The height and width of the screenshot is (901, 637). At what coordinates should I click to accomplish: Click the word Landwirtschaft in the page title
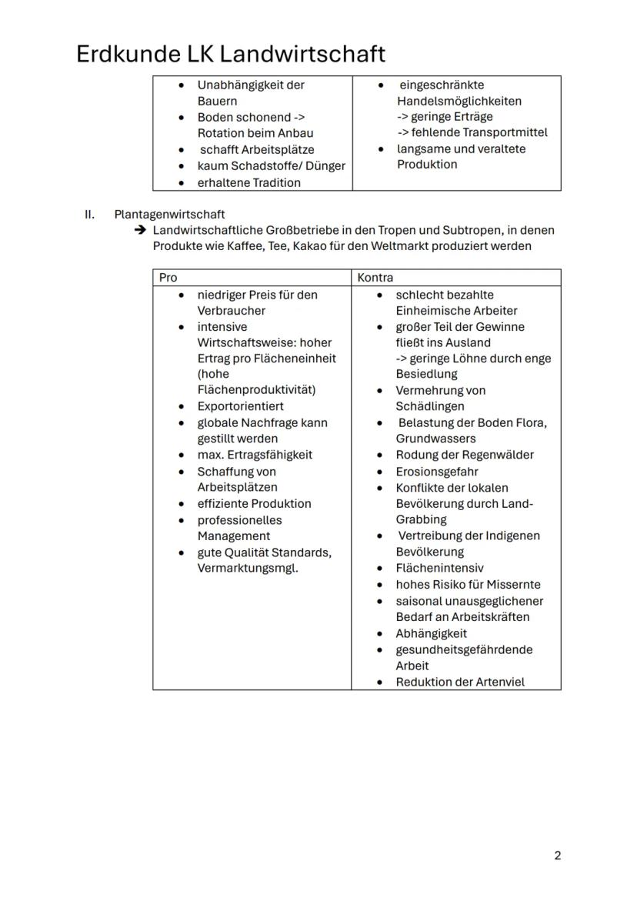click(302, 55)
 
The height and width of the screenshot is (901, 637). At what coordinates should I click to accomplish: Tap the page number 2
click(557, 856)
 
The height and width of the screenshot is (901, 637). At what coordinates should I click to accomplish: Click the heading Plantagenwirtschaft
click(169, 214)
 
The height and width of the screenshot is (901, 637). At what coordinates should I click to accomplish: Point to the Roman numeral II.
click(89, 214)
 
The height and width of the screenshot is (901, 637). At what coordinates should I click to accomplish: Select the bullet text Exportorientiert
click(240, 406)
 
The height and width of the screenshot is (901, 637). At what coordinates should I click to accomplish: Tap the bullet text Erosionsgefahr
click(436, 471)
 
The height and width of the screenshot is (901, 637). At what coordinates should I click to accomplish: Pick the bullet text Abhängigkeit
click(431, 633)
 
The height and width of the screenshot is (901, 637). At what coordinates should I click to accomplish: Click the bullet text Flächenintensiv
click(439, 568)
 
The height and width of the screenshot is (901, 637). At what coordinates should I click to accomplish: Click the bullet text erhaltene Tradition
click(248, 182)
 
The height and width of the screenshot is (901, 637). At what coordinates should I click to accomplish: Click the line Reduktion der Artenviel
click(459, 682)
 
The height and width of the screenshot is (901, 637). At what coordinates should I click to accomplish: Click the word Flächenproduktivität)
click(256, 390)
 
